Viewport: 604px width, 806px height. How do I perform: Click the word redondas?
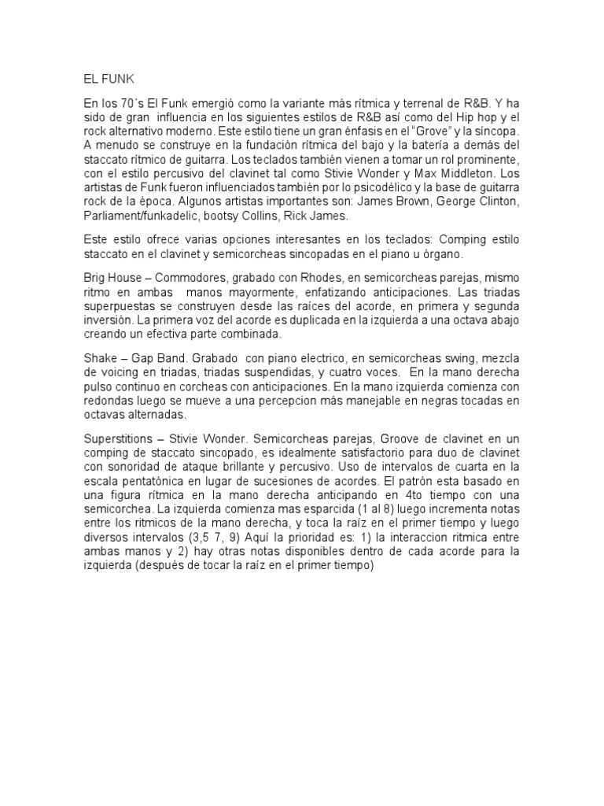click(109, 403)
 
